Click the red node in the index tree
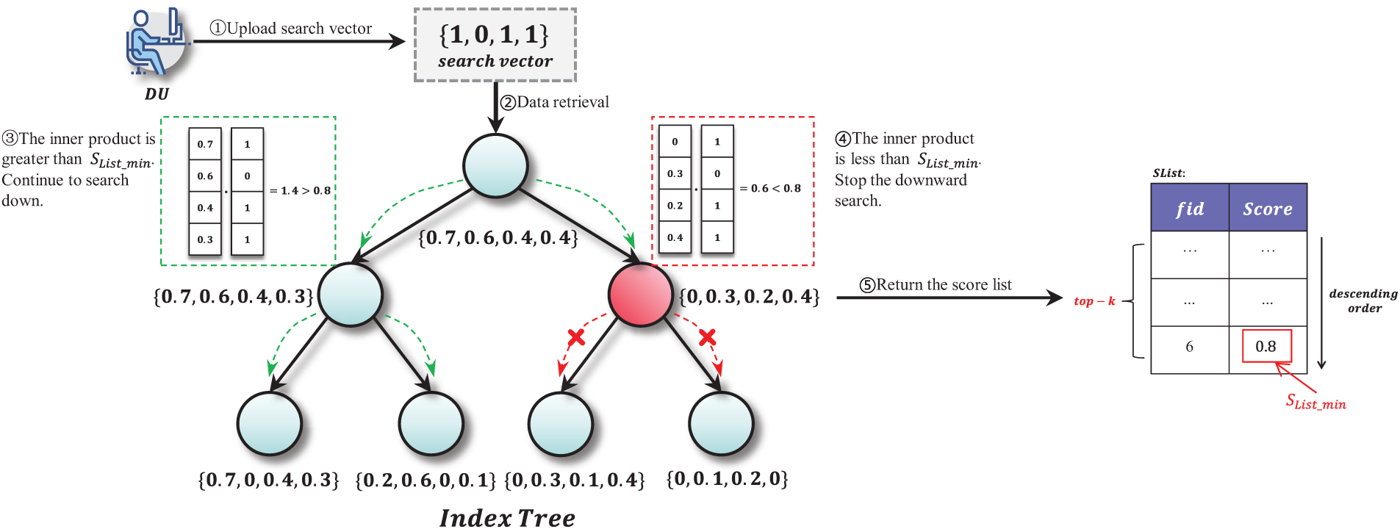click(x=641, y=294)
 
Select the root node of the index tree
click(x=495, y=165)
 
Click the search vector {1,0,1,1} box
click(x=495, y=46)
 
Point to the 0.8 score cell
click(x=1266, y=346)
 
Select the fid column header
click(x=1189, y=209)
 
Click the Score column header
click(x=1267, y=209)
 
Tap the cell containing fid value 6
click(x=1189, y=347)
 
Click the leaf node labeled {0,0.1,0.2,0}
click(x=721, y=424)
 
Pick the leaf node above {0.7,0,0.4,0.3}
click(x=270, y=424)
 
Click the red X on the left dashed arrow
click(x=576, y=338)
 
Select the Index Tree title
click(x=507, y=517)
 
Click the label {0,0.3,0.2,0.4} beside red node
click(x=749, y=297)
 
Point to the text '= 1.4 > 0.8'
click(x=300, y=190)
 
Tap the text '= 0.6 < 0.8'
click(x=770, y=188)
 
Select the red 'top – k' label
click(x=1094, y=301)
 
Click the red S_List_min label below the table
click(x=1315, y=402)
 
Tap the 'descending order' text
click(x=1363, y=301)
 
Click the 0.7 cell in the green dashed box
click(x=205, y=144)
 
